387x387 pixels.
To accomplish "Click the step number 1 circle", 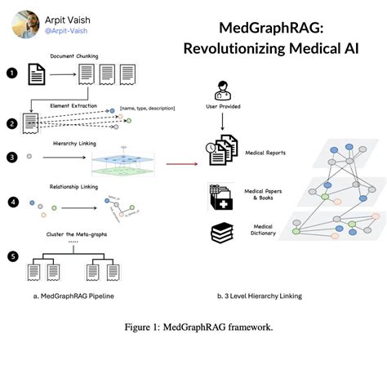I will pyautogui.click(x=11, y=73).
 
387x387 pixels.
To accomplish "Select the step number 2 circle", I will pyautogui.click(x=11, y=124).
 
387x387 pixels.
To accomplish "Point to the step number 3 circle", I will pyautogui.click(x=11, y=158).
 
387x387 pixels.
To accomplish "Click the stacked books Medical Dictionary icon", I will pyautogui.click(x=219, y=234).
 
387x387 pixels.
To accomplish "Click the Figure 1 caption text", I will pyautogui.click(x=193, y=327).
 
